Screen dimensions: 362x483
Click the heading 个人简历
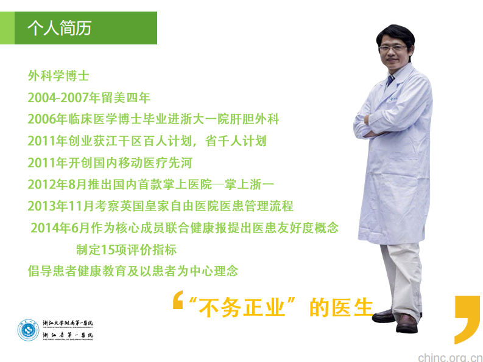coord(59,29)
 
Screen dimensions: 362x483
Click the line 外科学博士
coord(58,77)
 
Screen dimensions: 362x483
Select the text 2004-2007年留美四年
coord(89,97)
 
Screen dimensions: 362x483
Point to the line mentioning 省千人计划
coord(147,141)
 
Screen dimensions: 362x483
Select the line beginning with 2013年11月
coord(160,206)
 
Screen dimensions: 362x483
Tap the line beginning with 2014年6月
coord(184,228)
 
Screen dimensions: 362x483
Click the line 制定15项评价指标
coord(126,249)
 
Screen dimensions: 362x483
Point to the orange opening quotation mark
coord(177,301)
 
